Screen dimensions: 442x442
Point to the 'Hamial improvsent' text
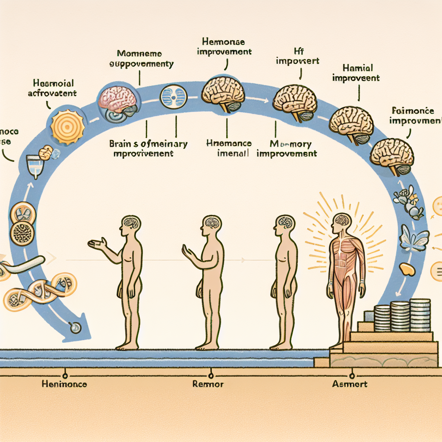[357, 73]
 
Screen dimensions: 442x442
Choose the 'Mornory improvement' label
[287, 148]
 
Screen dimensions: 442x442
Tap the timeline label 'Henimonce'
[64, 384]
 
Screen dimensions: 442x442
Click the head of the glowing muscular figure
[341, 221]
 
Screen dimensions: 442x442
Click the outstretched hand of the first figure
[96, 244]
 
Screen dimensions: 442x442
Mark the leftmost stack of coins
[381, 318]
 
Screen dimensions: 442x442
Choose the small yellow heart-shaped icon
[407, 269]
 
